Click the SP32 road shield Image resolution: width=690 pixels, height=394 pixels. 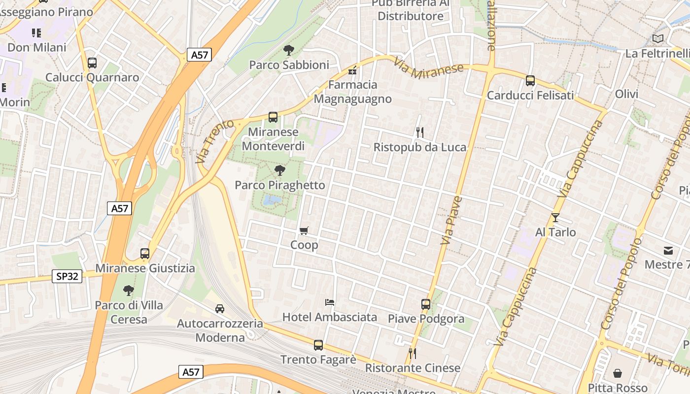tap(67, 276)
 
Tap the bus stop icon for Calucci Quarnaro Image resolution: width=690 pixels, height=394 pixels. tap(92, 63)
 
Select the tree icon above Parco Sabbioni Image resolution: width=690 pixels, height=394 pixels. tap(288, 50)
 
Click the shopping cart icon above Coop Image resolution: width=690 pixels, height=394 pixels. tap(304, 230)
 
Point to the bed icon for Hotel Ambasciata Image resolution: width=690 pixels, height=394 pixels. tap(330, 302)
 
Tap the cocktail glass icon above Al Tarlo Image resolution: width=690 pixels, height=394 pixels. tap(555, 217)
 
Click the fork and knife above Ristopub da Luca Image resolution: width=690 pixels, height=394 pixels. tap(419, 132)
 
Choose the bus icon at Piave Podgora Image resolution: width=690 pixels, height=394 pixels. tap(426, 304)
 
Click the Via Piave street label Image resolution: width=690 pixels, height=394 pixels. tap(451, 221)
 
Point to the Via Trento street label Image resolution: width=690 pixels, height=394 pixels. tap(214, 141)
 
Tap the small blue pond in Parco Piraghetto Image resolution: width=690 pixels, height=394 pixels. tap(272, 200)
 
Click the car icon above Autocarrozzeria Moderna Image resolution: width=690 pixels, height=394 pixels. tap(220, 309)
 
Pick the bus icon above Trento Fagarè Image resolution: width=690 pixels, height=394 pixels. tap(318, 345)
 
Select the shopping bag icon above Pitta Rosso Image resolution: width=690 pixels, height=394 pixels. tap(618, 373)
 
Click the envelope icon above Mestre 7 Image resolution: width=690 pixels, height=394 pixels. tap(668, 250)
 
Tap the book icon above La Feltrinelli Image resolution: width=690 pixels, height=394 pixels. tap(658, 38)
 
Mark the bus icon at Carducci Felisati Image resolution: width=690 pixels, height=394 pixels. tap(530, 80)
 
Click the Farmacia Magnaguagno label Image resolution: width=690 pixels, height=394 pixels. tap(353, 92)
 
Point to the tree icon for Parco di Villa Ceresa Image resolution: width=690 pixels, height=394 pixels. tap(129, 291)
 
